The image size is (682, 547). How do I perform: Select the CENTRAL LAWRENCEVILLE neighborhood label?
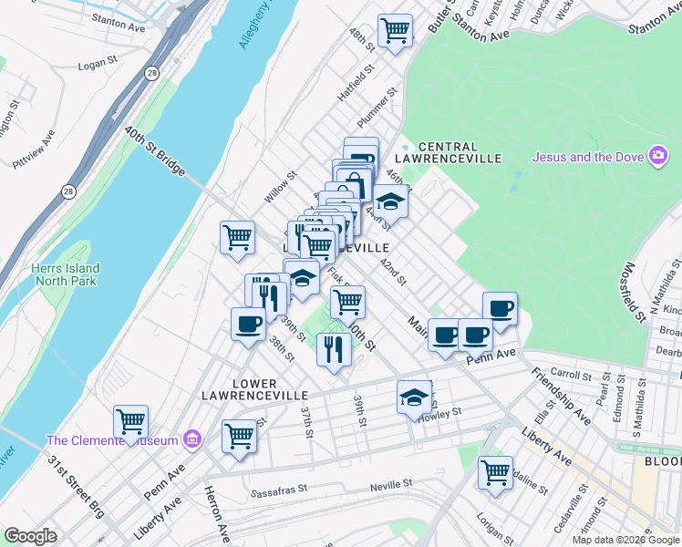pyautogui.click(x=460, y=152)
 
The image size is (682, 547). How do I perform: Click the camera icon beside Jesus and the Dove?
pyautogui.click(x=657, y=157)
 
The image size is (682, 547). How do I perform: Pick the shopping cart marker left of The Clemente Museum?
pyautogui.click(x=131, y=422)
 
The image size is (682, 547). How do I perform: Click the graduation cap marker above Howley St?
pyautogui.click(x=414, y=397)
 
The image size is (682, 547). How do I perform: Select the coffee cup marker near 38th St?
pyautogui.click(x=248, y=325)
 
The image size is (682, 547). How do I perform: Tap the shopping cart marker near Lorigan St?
pyautogui.click(x=495, y=472)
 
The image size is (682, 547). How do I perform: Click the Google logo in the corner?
pyautogui.click(x=31, y=536)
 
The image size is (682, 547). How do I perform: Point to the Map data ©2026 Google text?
pyautogui.click(x=625, y=540)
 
